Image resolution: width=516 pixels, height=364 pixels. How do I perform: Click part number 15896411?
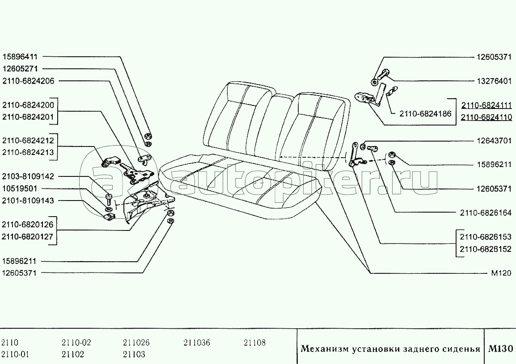tap(21, 57)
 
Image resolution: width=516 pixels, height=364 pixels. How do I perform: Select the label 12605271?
tap(21, 69)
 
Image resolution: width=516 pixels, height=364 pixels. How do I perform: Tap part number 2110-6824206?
tap(28, 81)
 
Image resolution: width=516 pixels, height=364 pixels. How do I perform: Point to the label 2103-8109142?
tap(28, 176)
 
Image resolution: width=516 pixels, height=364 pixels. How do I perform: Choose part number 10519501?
tap(21, 188)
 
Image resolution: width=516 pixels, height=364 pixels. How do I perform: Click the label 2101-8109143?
tap(28, 201)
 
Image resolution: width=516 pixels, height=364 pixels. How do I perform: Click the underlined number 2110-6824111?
tap(486, 105)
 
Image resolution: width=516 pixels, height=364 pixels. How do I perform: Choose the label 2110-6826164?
tap(486, 213)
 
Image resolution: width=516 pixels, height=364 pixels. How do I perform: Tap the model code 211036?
tap(196, 343)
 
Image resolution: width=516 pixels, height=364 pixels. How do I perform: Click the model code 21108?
tap(255, 343)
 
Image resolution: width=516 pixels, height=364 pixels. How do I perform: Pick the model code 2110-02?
tap(76, 343)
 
